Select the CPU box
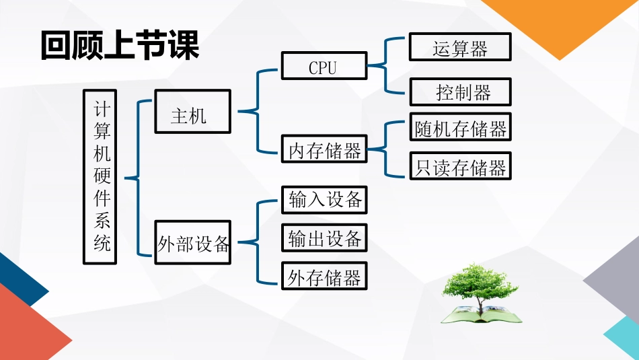pos(324,67)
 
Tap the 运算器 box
pos(460,48)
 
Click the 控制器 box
pos(460,92)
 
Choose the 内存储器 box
pos(324,149)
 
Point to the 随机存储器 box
pos(460,128)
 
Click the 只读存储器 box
pos(460,166)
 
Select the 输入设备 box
pos(324,200)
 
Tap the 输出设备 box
pos(324,238)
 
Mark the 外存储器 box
pos(324,277)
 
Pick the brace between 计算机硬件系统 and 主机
pos(138,178)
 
